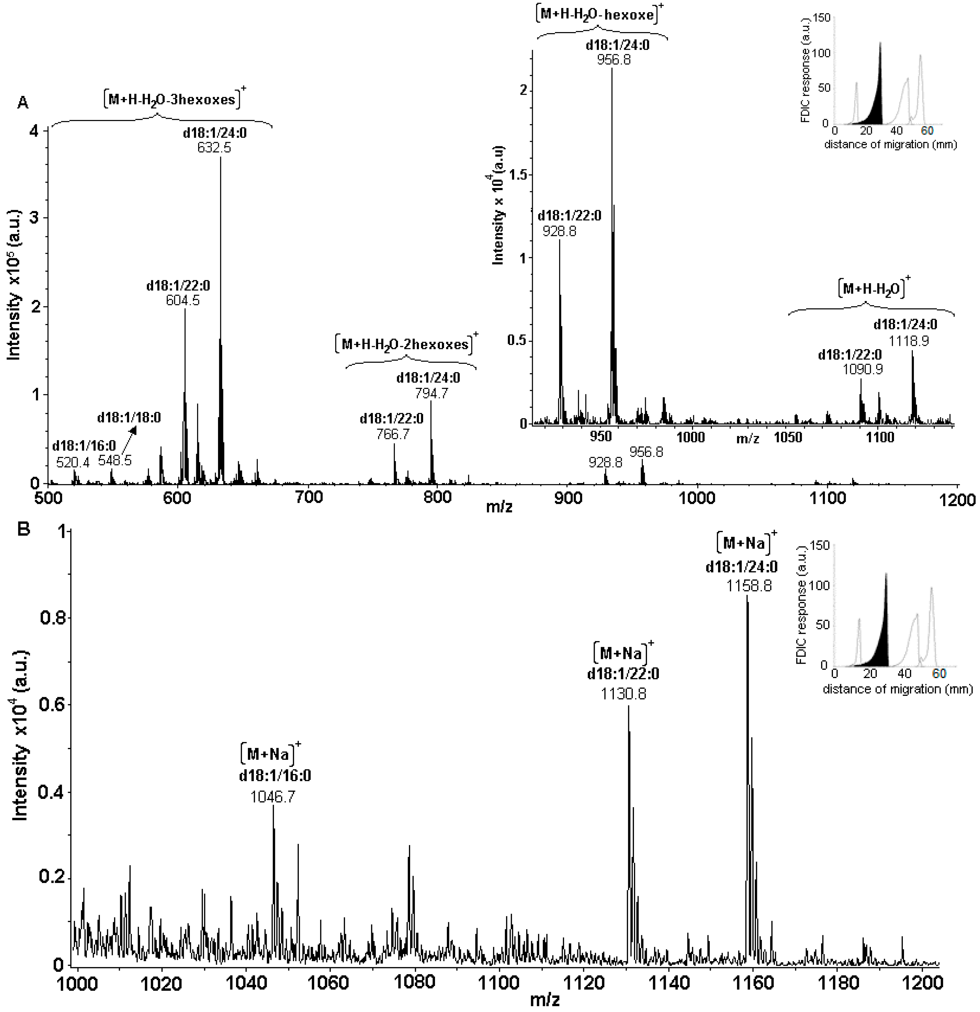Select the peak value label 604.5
click(x=182, y=300)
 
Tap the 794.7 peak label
click(x=431, y=393)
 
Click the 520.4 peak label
click(x=72, y=462)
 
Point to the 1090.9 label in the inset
click(x=862, y=369)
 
